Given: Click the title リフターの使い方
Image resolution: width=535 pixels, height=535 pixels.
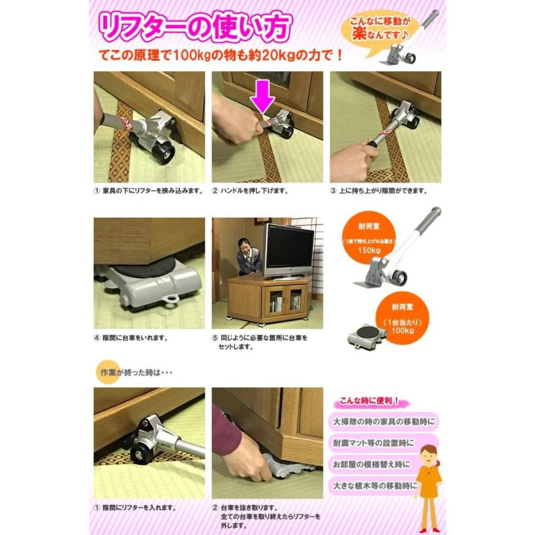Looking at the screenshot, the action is point(195,27).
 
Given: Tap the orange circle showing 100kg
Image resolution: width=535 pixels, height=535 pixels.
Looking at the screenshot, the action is point(402,318).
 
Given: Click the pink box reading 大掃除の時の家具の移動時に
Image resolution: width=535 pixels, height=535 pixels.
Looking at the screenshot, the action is point(384,422).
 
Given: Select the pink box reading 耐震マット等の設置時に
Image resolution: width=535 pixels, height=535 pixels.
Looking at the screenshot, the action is point(384,443).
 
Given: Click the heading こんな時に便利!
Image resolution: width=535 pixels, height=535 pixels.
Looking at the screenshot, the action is point(369,401).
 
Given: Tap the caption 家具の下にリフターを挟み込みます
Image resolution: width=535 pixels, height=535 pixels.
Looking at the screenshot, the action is point(152,191).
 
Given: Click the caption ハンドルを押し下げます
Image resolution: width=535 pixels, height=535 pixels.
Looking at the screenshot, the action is point(255,191).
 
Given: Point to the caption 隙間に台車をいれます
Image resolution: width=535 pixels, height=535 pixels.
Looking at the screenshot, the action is point(135,338).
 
